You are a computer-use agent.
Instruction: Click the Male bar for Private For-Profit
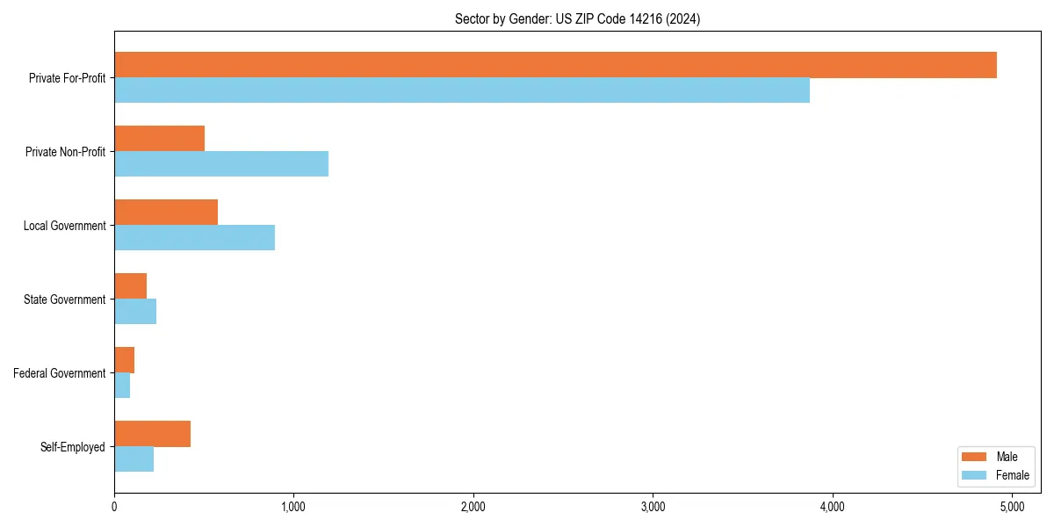(555, 65)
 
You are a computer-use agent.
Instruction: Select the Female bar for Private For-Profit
(462, 90)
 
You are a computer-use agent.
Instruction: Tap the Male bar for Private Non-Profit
(159, 139)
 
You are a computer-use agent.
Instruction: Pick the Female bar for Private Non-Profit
(221, 164)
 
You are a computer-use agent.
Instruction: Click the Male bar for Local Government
(166, 213)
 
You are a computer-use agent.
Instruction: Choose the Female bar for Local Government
(194, 238)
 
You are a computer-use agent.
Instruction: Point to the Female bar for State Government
(135, 312)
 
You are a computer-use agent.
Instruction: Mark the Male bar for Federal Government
(124, 360)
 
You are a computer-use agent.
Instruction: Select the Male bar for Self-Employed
(152, 434)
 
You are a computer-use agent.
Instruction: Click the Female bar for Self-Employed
(134, 459)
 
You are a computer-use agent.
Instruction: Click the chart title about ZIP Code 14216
(577, 18)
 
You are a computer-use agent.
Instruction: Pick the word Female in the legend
(1012, 475)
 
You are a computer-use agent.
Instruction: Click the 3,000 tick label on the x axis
(653, 507)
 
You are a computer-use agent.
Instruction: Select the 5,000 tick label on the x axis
(1012, 507)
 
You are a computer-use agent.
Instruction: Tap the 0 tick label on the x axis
(114, 507)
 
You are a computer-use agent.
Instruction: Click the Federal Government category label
(60, 373)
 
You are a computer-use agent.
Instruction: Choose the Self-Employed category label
(73, 447)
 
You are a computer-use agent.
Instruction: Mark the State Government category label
(64, 300)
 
